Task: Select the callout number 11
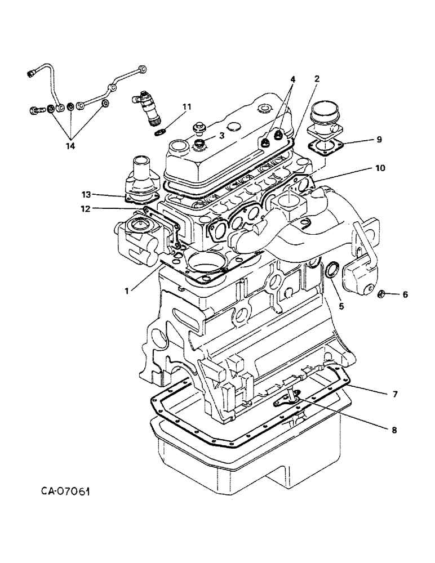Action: [187, 106]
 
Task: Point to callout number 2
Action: [317, 79]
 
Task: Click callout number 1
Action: [129, 291]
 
